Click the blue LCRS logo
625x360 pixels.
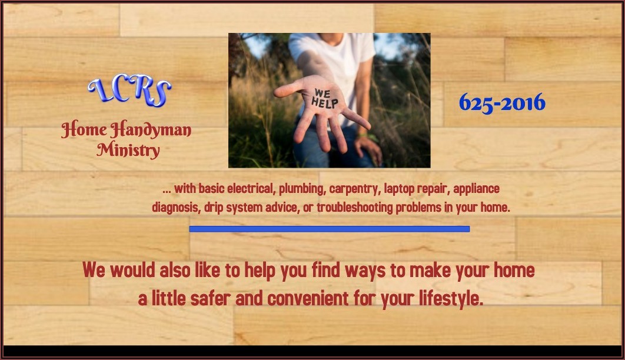pyautogui.click(x=129, y=91)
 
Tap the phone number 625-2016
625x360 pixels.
pyautogui.click(x=502, y=103)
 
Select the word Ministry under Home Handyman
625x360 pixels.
pyautogui.click(x=128, y=150)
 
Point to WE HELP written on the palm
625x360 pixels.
pyautogui.click(x=324, y=99)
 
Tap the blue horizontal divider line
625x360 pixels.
pyautogui.click(x=329, y=229)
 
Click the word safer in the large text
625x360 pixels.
pyautogui.click(x=211, y=298)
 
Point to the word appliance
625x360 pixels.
pyautogui.click(x=476, y=189)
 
